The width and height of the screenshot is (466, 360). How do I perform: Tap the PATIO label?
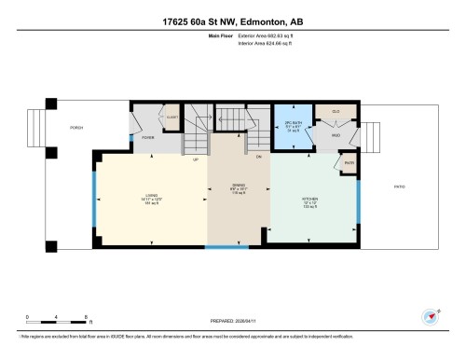(398, 187)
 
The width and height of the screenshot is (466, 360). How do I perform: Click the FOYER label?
(147, 138)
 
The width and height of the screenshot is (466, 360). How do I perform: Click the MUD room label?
(336, 136)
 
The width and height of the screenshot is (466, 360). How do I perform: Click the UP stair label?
(195, 159)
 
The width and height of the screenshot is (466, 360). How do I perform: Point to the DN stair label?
(259, 159)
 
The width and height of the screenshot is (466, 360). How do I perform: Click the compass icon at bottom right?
(431, 317)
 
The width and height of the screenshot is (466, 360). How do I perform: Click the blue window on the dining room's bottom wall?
(227, 247)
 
